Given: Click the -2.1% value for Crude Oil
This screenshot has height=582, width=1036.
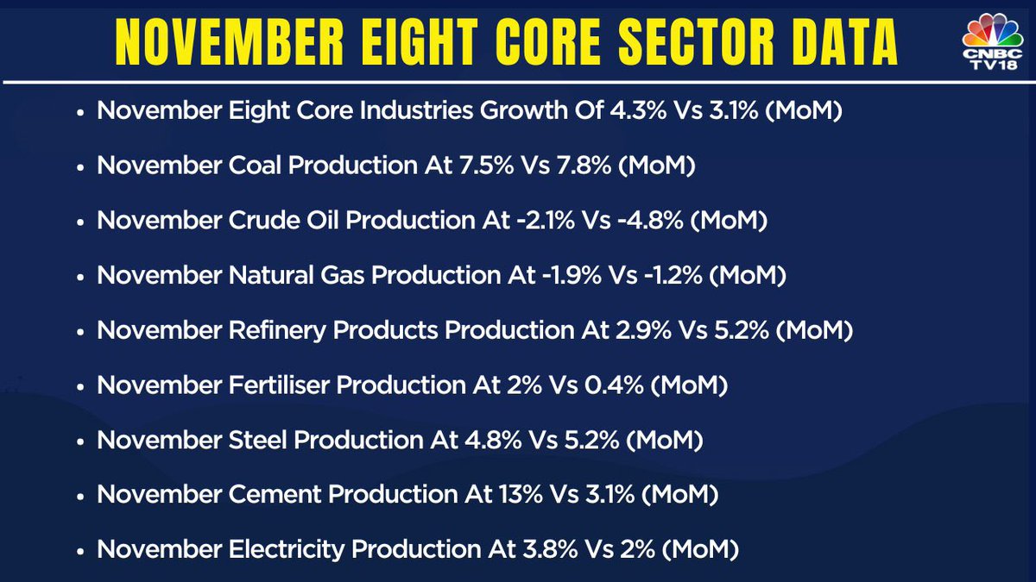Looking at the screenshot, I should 538,221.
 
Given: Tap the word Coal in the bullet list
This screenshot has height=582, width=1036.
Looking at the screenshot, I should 255,166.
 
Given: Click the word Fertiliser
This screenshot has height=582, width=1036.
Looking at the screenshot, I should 281,385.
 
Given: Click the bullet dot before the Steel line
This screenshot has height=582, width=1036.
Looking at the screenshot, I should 80,441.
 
